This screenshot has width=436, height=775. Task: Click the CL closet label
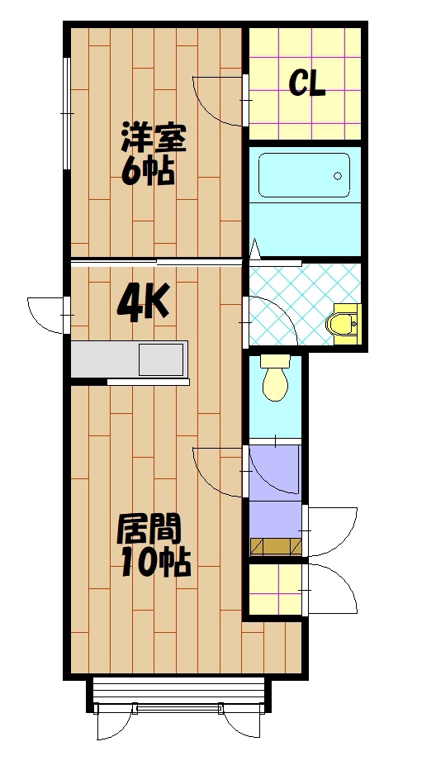click(306, 83)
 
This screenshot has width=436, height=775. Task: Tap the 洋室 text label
click(154, 138)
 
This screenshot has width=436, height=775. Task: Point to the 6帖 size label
click(148, 171)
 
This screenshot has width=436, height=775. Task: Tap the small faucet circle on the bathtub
click(337, 175)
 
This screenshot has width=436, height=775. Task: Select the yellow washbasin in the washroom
click(344, 322)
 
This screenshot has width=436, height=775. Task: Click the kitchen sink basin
click(160, 360)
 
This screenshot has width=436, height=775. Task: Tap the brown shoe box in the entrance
click(276, 545)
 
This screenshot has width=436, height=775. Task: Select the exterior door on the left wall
click(45, 315)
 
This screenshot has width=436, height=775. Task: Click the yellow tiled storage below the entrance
click(275, 589)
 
